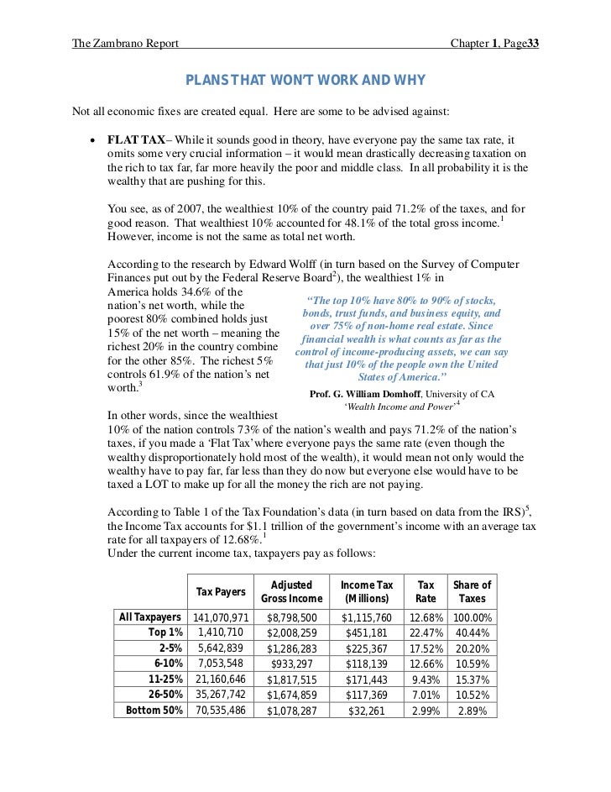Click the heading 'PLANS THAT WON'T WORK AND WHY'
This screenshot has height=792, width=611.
tap(305, 81)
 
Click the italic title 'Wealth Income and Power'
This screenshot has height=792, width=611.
tap(398, 407)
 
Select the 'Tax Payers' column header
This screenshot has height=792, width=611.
tap(221, 592)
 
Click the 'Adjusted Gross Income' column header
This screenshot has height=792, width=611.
tap(291, 592)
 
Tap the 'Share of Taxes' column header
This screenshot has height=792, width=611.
tap(472, 592)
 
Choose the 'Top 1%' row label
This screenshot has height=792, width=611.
tap(165, 632)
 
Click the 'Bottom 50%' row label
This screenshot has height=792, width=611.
tap(154, 710)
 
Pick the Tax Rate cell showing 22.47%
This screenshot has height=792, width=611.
tap(426, 632)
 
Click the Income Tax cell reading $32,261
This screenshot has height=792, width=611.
tap(367, 710)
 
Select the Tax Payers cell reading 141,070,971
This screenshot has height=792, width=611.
tap(221, 617)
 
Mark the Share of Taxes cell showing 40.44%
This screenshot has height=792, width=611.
tap(472, 632)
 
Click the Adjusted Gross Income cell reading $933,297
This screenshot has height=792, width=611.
tap(291, 663)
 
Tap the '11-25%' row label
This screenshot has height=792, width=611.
tap(165, 679)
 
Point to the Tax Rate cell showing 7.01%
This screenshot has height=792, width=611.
tap(426, 694)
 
